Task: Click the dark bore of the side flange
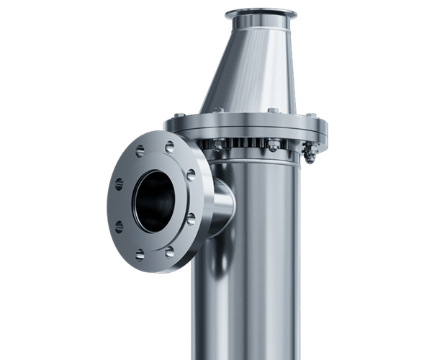coord(155,201)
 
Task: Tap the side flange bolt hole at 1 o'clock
coord(170,148)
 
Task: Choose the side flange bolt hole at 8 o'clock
coord(119,227)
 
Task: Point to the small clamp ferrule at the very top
coord(260,14)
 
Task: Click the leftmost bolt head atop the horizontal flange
coord(179,115)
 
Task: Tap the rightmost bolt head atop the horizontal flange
coord(311,115)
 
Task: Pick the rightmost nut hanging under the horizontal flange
coord(310,152)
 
